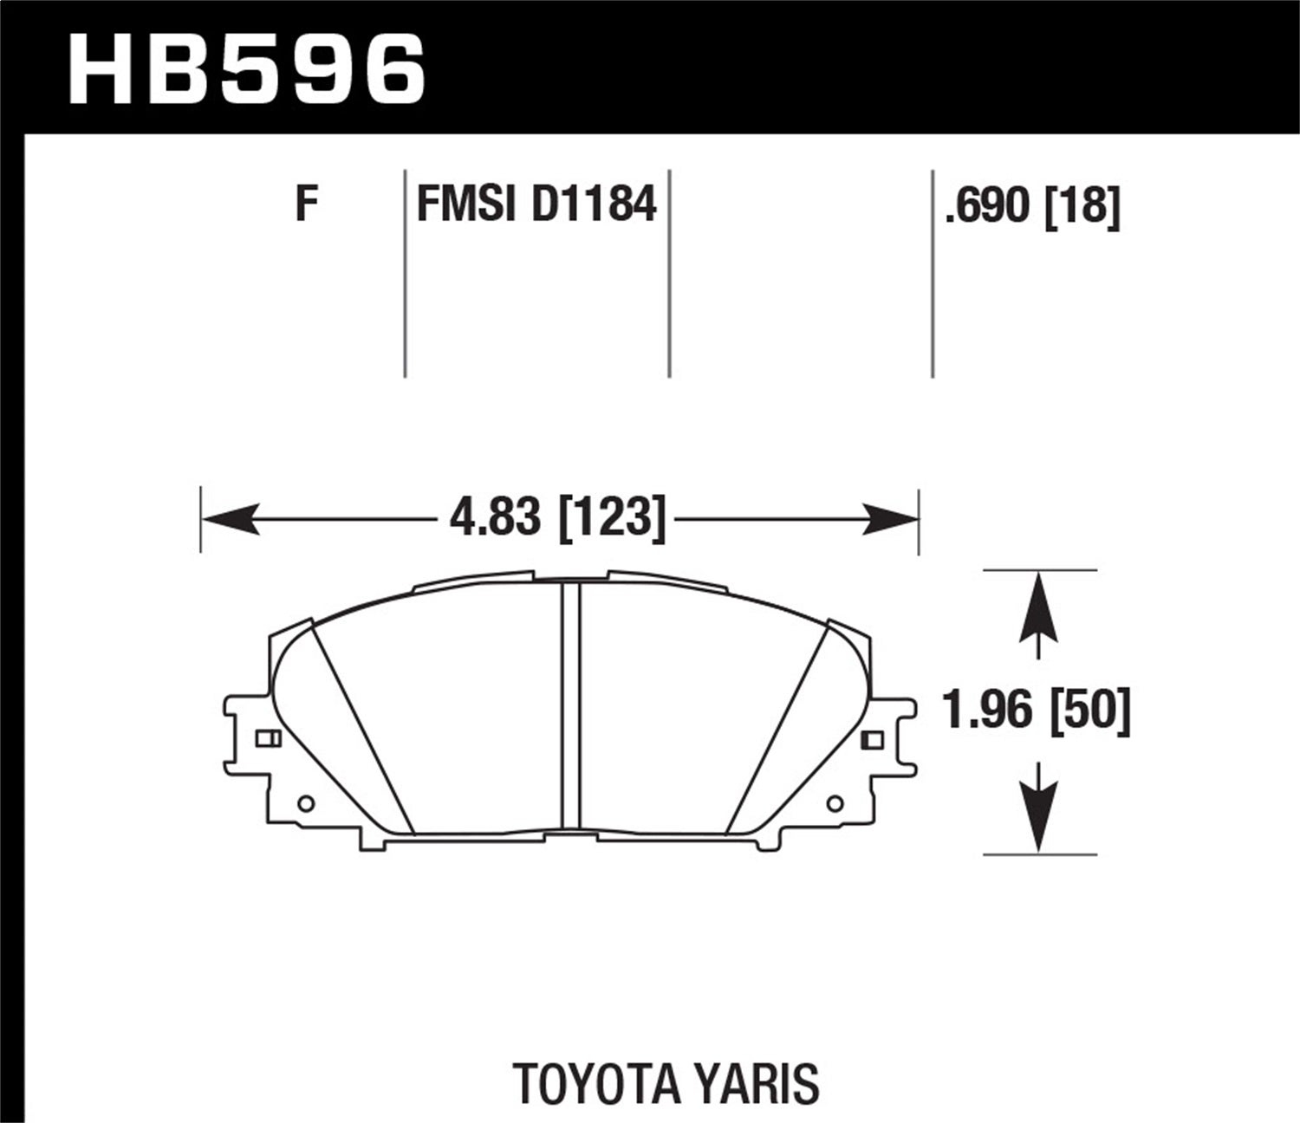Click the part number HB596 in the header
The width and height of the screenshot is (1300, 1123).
click(247, 68)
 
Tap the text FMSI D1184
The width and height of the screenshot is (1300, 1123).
click(536, 205)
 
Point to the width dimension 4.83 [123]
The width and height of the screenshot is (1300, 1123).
click(557, 519)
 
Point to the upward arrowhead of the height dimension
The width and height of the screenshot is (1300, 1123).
click(1037, 611)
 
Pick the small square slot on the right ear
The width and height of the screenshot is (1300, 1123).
click(873, 739)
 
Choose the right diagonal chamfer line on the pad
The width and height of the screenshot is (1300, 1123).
click(776, 728)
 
